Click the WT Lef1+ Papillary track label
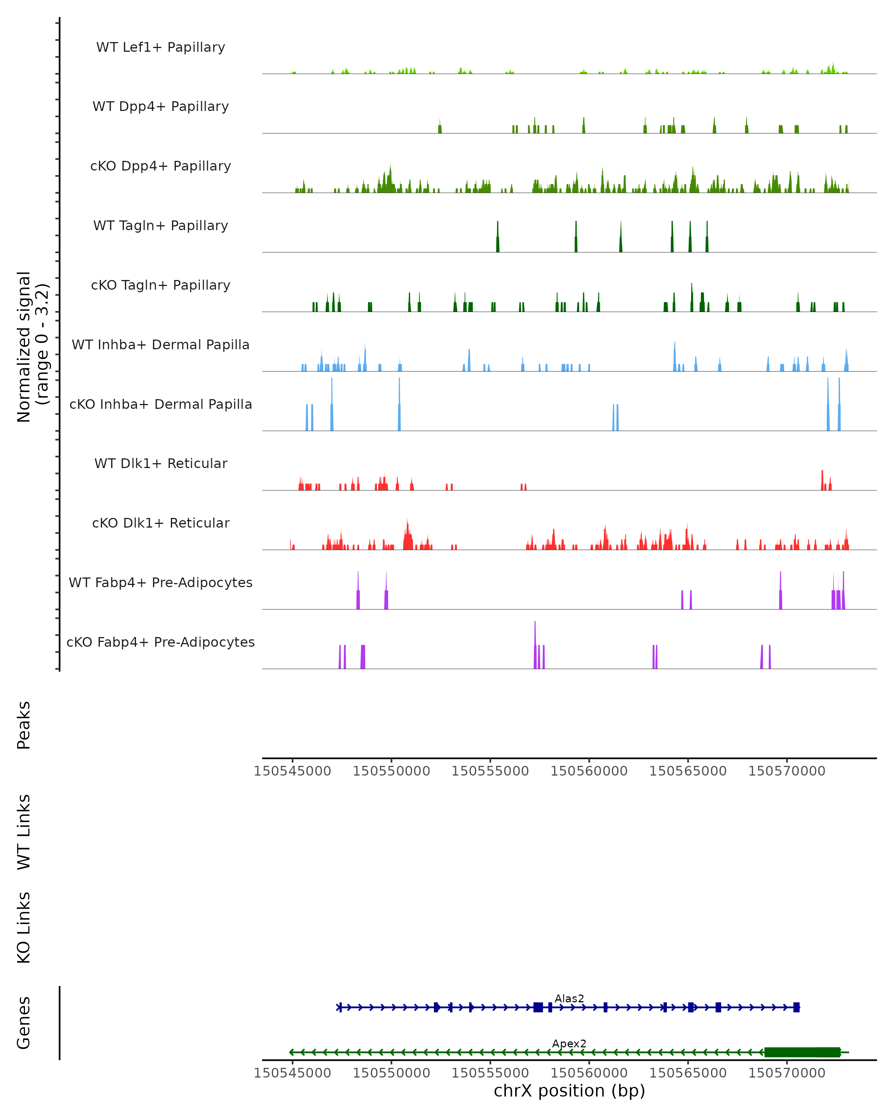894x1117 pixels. tap(161, 47)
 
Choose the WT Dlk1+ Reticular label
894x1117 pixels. tap(161, 463)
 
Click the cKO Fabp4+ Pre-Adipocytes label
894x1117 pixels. tap(161, 642)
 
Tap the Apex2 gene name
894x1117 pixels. tap(569, 1043)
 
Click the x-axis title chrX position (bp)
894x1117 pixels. tap(569, 1091)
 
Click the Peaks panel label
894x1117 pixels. tap(24, 725)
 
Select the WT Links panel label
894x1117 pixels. tap(24, 831)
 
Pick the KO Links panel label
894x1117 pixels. tap(24, 927)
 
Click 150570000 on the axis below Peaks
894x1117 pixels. tap(787, 771)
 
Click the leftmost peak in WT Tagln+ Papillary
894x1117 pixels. tap(498, 238)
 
